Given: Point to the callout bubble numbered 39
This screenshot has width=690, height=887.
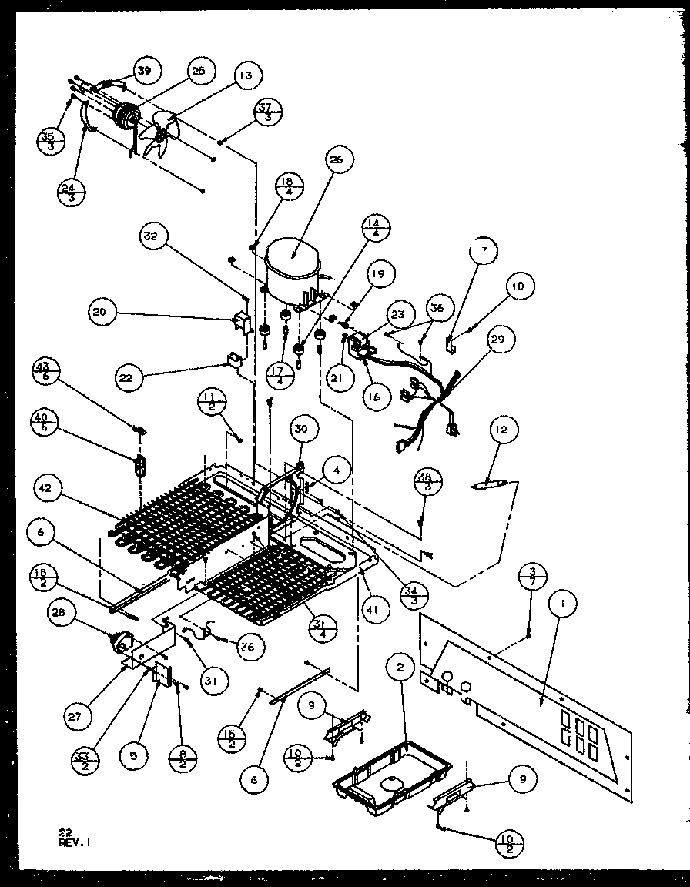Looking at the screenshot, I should [144, 72].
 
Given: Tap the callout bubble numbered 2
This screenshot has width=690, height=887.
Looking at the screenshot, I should [400, 668].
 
